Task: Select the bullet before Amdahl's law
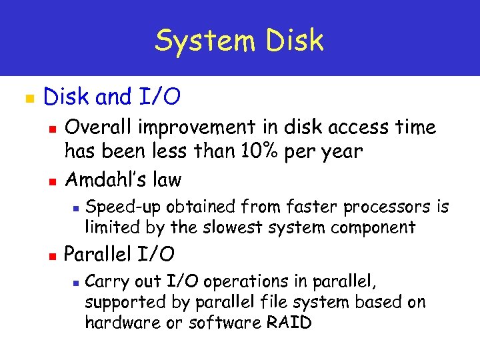coord(53,181)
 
